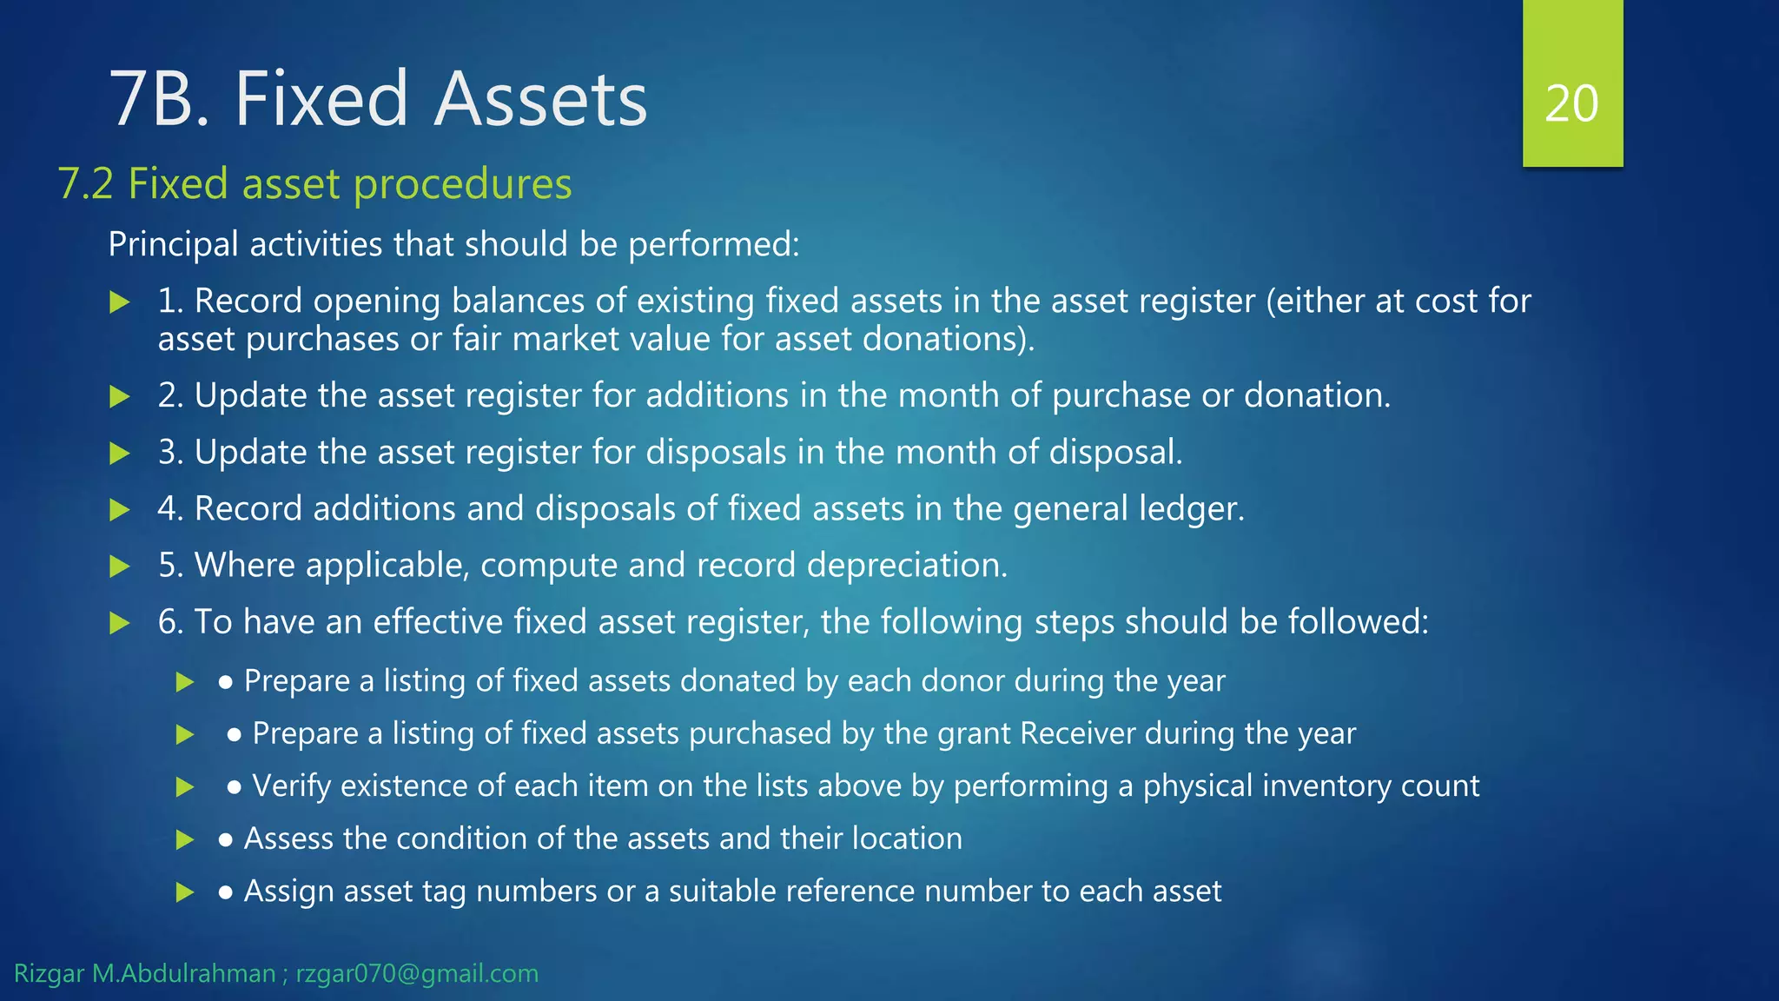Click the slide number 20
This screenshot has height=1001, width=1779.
(x=1571, y=104)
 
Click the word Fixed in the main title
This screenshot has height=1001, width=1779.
(x=320, y=99)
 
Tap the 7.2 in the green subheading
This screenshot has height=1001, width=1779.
(x=85, y=184)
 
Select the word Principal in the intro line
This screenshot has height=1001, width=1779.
(x=173, y=245)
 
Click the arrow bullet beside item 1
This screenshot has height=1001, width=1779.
(x=120, y=302)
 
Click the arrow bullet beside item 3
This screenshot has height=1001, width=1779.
(x=120, y=454)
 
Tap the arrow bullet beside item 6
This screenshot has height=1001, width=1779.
(x=120, y=623)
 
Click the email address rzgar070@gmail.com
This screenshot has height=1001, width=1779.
(x=417, y=974)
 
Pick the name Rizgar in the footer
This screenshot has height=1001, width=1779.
(x=49, y=974)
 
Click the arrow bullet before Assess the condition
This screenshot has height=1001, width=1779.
(x=184, y=840)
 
